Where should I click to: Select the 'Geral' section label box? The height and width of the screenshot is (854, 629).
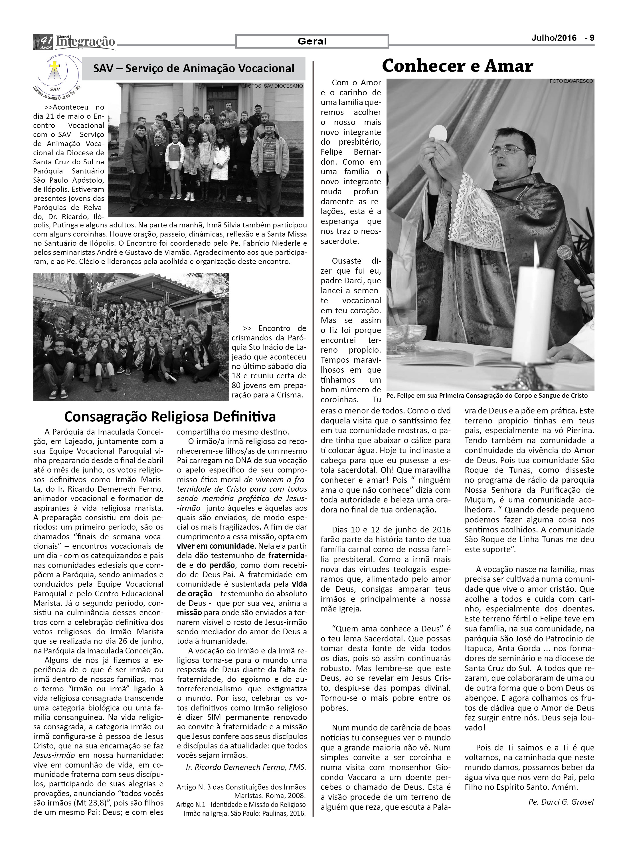tap(312, 41)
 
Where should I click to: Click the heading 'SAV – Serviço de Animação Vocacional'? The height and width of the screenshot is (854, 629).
tap(194, 68)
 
